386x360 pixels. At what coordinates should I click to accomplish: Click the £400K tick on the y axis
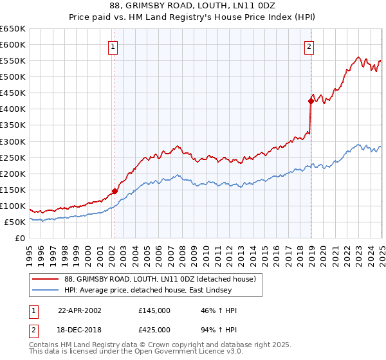13,109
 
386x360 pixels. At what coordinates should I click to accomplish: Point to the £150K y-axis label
13,190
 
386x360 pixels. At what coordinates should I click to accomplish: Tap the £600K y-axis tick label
13,45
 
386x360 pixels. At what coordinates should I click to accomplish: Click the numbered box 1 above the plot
113,46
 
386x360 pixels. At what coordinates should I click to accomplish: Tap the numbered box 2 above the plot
309,46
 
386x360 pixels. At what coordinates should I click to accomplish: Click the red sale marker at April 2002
115,191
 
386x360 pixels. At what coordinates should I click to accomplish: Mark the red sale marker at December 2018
311,101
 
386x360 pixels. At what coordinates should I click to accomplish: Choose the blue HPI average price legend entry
151,289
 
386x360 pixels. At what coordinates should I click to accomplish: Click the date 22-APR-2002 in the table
79,310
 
